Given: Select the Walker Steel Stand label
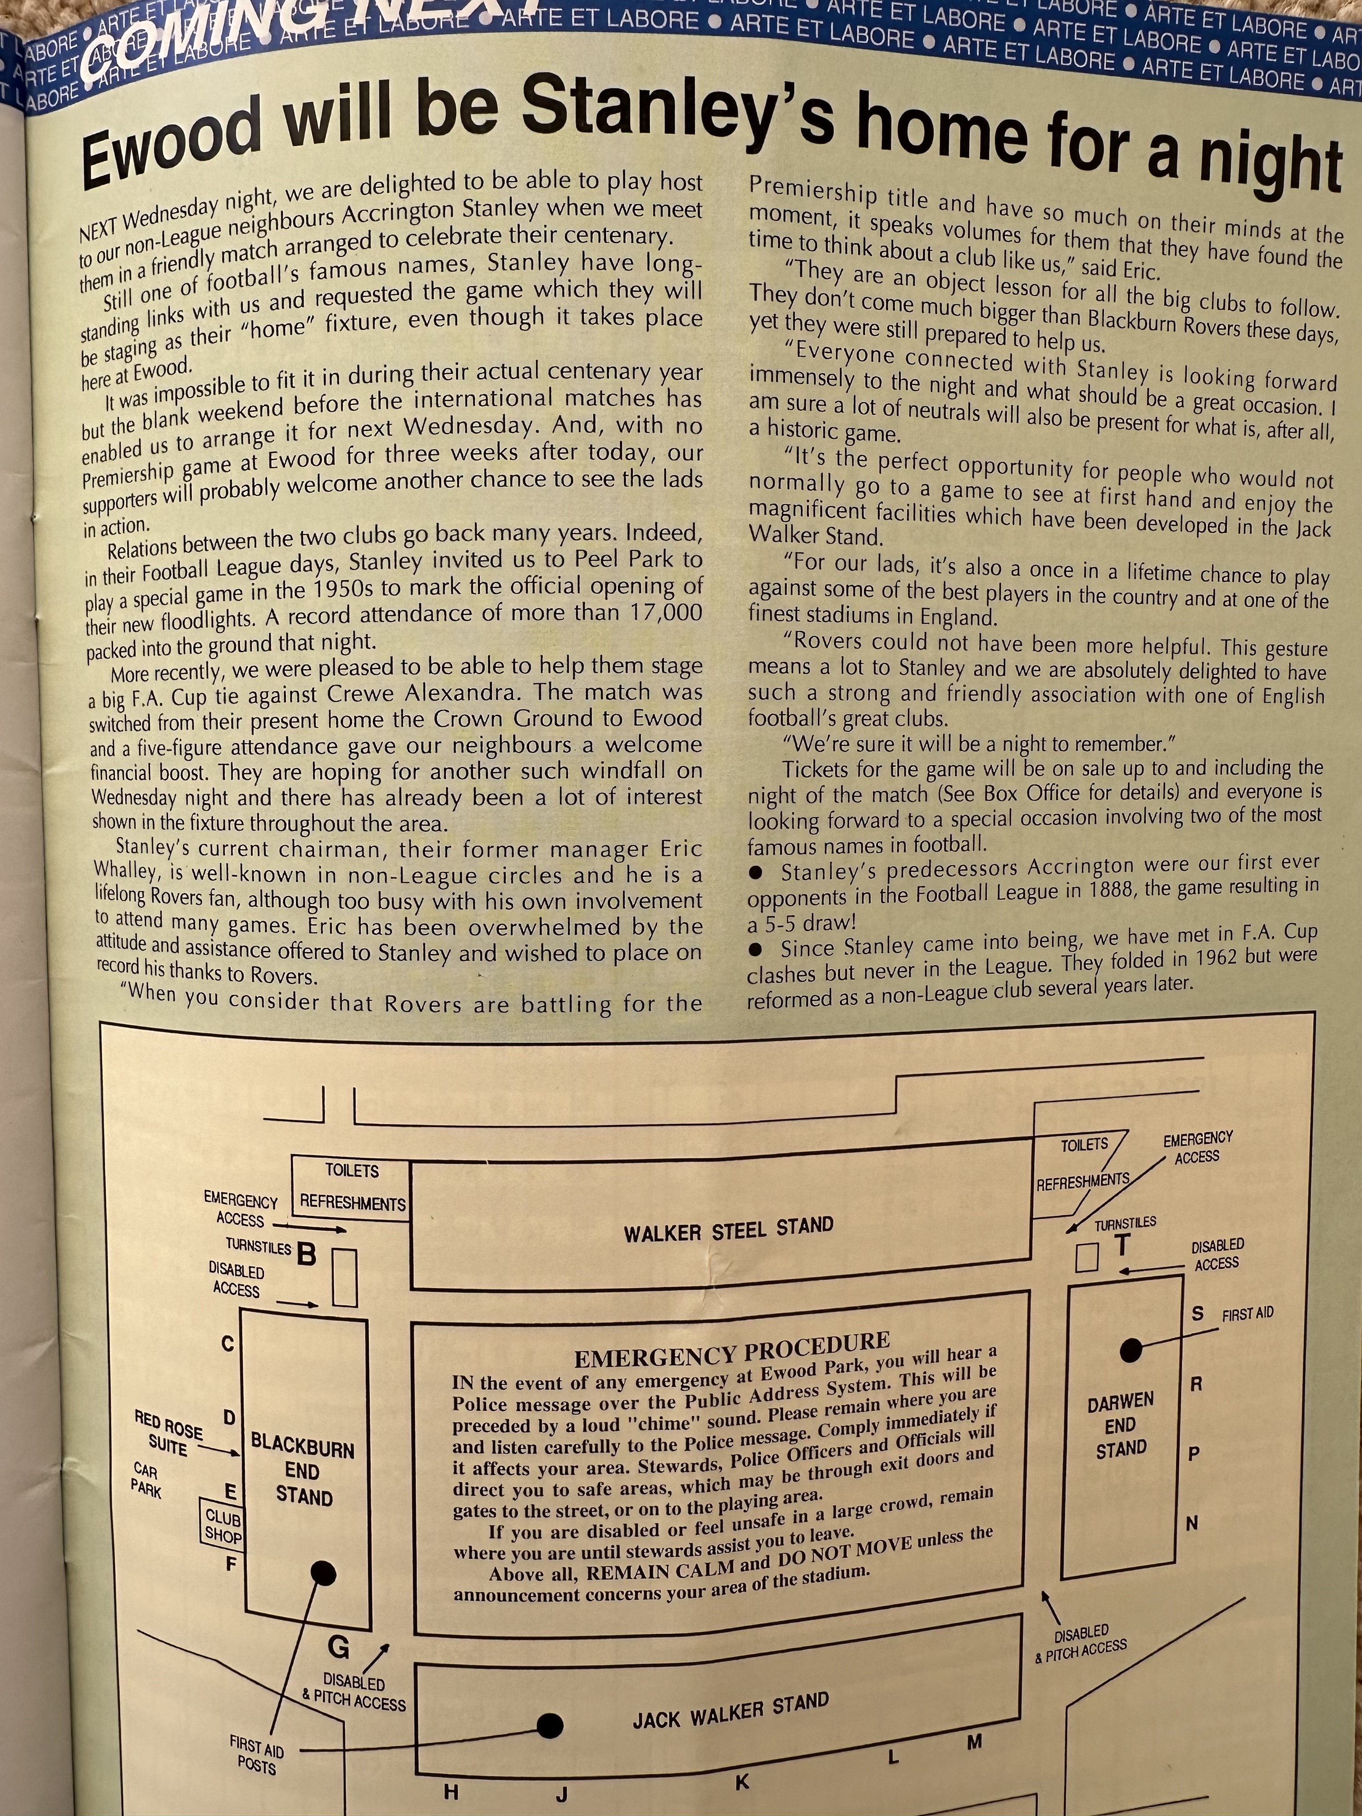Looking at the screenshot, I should pyautogui.click(x=728, y=1229).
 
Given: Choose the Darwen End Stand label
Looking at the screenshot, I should pyautogui.click(x=1121, y=1425).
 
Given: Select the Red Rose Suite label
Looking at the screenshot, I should pyautogui.click(x=168, y=1433).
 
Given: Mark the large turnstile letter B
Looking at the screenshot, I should pyautogui.click(x=306, y=1253).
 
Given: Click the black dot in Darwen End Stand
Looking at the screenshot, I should pyautogui.click(x=1131, y=1350).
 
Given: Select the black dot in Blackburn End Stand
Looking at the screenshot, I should pyautogui.click(x=324, y=1573).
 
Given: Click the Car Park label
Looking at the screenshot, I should pyautogui.click(x=146, y=1480).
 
